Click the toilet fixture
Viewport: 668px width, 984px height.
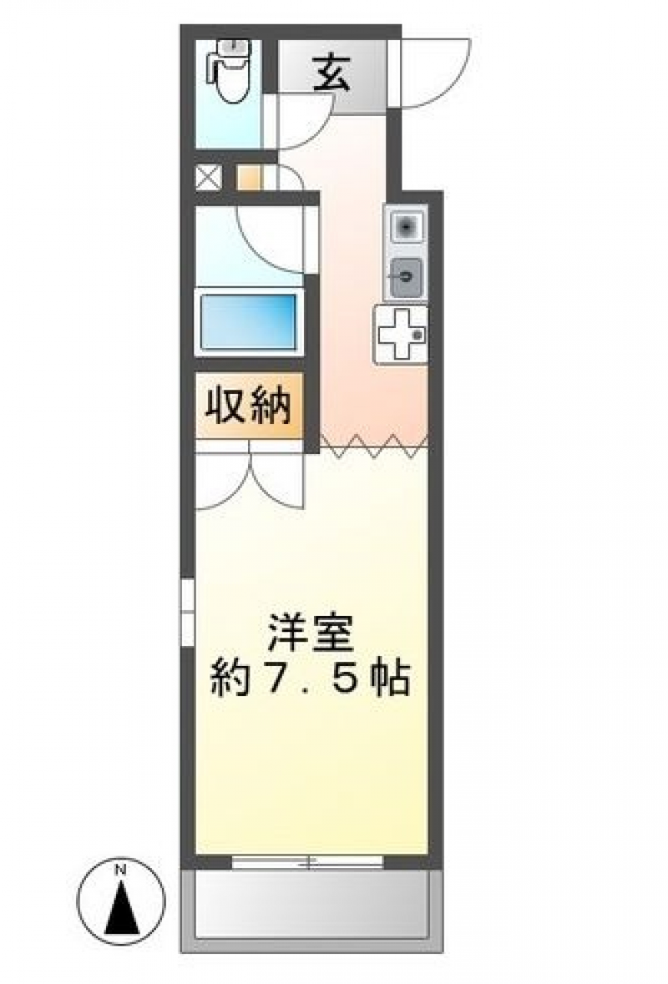pos(229,71)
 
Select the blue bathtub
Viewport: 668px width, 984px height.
pos(249,320)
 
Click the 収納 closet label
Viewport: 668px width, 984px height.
pos(249,406)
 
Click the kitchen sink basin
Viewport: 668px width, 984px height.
pos(406,226)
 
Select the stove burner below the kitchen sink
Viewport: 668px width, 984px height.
pos(406,277)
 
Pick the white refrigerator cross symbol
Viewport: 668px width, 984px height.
pos(401,335)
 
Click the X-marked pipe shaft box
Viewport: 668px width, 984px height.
pos(209,177)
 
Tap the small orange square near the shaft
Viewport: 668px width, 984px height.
pos(247,177)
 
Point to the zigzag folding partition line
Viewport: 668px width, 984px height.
pos(374,447)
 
